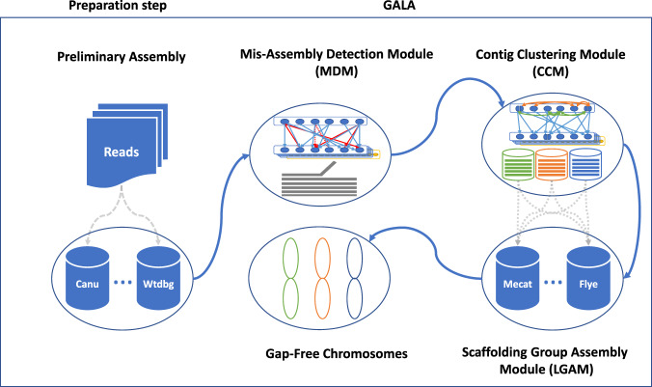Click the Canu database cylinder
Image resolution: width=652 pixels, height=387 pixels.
click(x=88, y=278)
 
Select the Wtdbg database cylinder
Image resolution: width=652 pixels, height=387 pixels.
click(x=158, y=278)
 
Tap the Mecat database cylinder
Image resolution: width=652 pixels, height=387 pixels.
click(x=518, y=278)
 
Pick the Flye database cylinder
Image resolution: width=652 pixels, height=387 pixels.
click(x=588, y=278)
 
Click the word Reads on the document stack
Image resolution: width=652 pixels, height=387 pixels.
click(x=122, y=152)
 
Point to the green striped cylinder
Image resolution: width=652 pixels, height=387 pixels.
click(x=518, y=164)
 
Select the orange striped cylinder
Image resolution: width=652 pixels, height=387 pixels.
click(x=552, y=164)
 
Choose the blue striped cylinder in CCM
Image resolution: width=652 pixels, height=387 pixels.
click(x=585, y=164)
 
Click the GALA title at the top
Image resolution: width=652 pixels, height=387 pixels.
click(x=399, y=6)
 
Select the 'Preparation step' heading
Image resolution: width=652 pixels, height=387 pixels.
click(x=118, y=6)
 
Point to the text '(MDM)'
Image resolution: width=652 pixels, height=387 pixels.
click(x=337, y=71)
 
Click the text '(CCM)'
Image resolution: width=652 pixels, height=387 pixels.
click(x=551, y=71)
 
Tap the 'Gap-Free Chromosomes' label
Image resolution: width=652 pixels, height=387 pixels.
click(x=337, y=354)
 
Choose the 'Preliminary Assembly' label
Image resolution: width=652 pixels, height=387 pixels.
click(x=122, y=57)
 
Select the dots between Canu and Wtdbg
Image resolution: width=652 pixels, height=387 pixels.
click(x=123, y=283)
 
